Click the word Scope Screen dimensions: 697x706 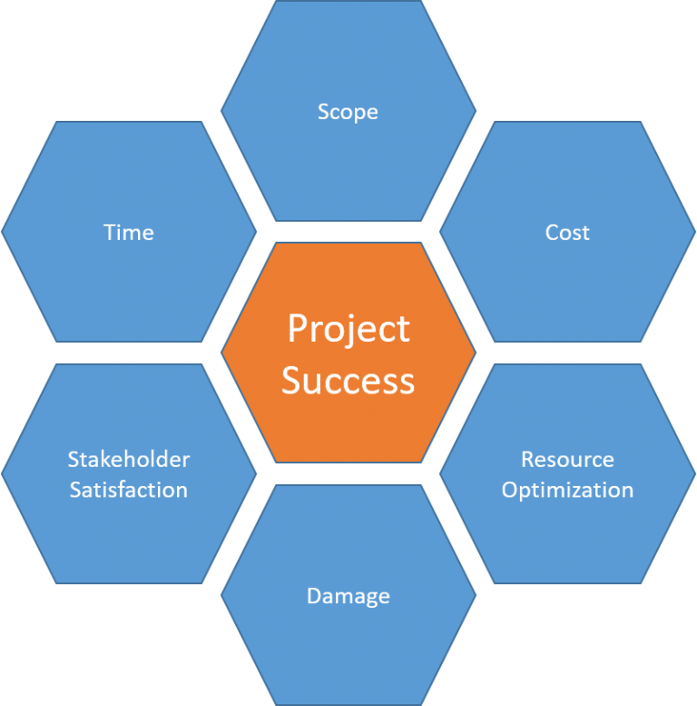coord(348,112)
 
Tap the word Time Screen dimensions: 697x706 coord(129,233)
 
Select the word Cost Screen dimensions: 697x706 coord(567,233)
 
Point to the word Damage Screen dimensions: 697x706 coord(348,596)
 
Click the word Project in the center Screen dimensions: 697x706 coord(348,329)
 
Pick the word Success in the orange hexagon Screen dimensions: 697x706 coord(348,381)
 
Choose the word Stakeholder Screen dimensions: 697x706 coord(129,459)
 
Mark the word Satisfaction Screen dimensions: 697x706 coord(129,490)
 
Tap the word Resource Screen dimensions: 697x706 coord(567,459)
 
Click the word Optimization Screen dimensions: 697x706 coord(567,490)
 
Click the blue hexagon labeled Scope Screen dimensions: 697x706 coord(348,171)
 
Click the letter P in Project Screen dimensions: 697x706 coord(298,328)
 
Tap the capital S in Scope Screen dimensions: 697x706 coord(323,111)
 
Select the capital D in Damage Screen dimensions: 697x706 coord(314,595)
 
